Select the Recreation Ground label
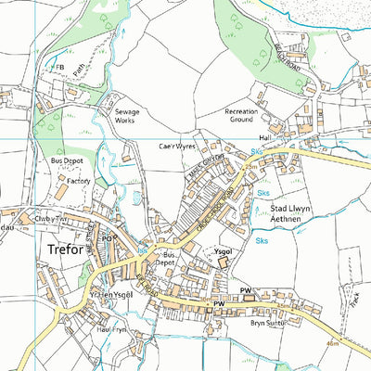(248, 116)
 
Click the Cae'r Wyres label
(178, 147)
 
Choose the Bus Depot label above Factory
(66, 161)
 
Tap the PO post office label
(107, 238)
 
